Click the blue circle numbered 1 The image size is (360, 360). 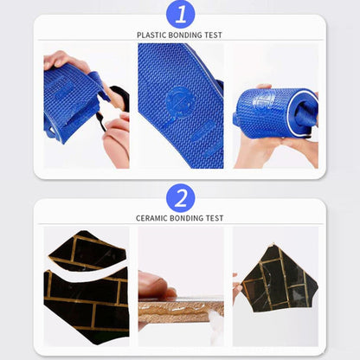(181, 15)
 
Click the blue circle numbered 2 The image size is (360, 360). (181, 198)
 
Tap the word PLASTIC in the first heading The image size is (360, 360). (151, 35)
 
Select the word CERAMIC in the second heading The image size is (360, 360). (151, 218)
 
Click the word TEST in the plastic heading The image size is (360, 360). (214, 35)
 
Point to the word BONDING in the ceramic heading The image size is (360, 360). (186, 218)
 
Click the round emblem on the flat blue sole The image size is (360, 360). (180, 103)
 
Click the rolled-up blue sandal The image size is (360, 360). (275, 112)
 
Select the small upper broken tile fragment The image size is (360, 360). (87, 250)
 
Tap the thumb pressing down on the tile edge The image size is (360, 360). (155, 285)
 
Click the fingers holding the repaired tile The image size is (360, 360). (237, 288)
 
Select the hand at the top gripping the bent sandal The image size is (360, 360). (66, 61)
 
